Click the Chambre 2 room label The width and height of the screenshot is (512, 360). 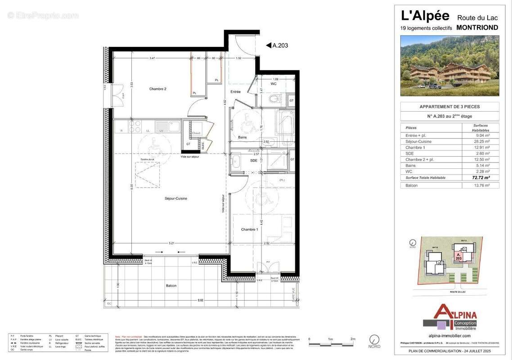tap(158, 89)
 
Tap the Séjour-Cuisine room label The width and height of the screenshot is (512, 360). tap(175, 198)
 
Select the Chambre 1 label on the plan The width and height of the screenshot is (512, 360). tap(250, 229)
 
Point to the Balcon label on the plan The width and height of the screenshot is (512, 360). tap(171, 286)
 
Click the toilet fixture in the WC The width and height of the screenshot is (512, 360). tap(274, 99)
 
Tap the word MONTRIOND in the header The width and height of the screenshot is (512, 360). tap(477, 27)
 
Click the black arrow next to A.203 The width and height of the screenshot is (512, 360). tap(268, 45)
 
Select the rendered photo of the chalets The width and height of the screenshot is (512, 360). tap(449, 66)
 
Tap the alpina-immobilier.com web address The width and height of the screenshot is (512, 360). tap(449, 336)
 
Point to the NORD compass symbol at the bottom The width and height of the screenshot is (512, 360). tap(374, 340)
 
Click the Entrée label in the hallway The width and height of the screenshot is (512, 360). tap(235, 92)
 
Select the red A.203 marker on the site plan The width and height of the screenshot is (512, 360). tap(458, 257)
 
